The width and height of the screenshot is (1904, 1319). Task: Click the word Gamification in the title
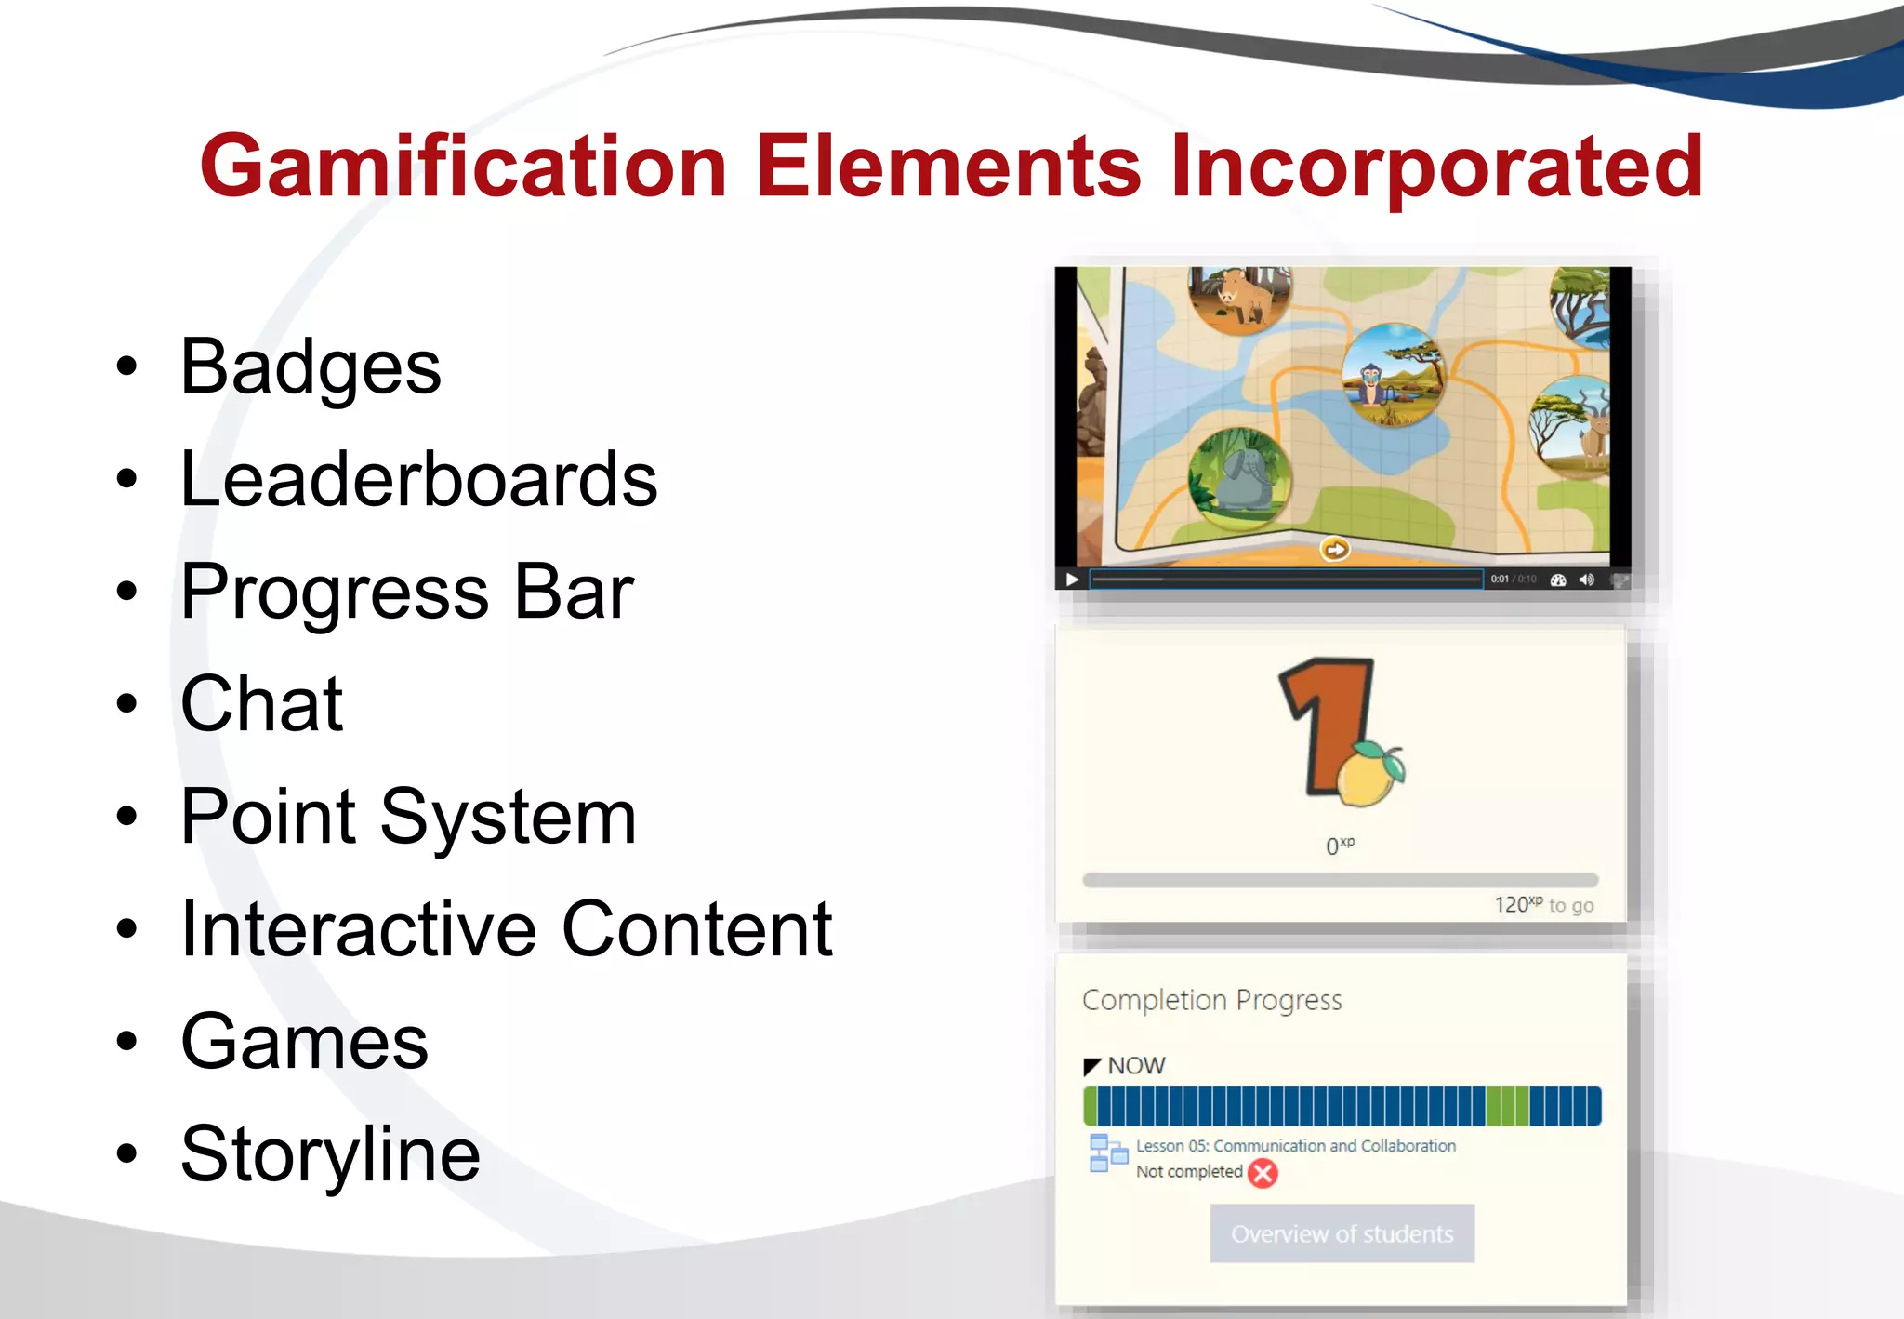[x=462, y=167]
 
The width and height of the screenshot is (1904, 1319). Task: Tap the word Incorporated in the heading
[x=1436, y=167]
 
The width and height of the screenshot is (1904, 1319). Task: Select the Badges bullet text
[x=311, y=367]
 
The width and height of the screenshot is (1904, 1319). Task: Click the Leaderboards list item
[x=418, y=480]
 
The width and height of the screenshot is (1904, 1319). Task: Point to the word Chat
[x=262, y=704]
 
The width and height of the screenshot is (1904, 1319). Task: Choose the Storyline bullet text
[x=330, y=1154]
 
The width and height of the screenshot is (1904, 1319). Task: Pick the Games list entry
[x=305, y=1042]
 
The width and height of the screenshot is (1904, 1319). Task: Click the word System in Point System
[x=509, y=817]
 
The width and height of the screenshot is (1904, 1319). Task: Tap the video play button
[x=1072, y=580]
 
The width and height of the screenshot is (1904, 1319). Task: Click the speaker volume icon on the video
[x=1587, y=580]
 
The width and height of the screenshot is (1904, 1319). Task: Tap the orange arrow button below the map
[x=1335, y=550]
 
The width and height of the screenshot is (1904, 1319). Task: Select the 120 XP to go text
[x=1543, y=905]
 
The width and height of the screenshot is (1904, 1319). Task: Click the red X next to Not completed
[x=1263, y=1173]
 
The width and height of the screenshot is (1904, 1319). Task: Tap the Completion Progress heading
[x=1212, y=1000]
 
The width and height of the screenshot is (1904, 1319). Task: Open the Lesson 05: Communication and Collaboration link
[x=1296, y=1146]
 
